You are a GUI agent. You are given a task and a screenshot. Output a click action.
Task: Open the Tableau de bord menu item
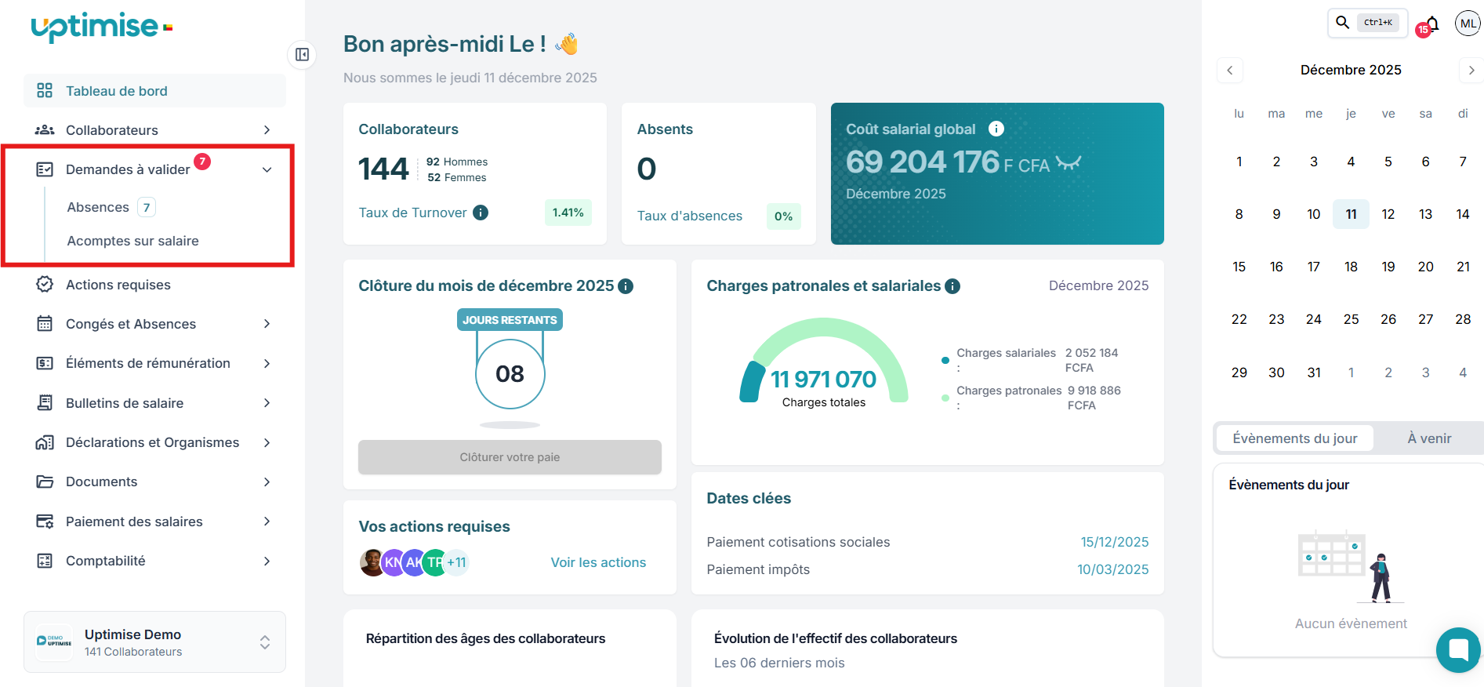tap(116, 91)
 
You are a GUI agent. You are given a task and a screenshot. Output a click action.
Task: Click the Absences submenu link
tap(98, 207)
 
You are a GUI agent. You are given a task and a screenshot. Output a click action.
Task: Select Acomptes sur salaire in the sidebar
tap(132, 241)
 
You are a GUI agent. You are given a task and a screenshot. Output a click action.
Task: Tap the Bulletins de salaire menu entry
tap(125, 403)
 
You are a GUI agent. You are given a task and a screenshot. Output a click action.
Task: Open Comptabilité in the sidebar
tap(106, 561)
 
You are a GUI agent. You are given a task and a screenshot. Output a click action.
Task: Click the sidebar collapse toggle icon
tap(302, 54)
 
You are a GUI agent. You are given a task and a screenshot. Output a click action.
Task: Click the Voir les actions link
tap(598, 562)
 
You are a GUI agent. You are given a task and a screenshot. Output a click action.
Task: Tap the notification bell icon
tap(1432, 24)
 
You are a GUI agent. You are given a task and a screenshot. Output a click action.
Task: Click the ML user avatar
tap(1468, 24)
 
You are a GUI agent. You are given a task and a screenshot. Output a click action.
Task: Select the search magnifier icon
tap(1343, 22)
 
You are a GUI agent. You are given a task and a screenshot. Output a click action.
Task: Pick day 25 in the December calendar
tap(1351, 319)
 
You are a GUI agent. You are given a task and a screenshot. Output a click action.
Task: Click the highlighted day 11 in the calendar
tap(1351, 214)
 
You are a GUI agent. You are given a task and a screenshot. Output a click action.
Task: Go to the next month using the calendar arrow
tap(1471, 71)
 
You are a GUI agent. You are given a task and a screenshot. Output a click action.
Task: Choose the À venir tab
tap(1429, 438)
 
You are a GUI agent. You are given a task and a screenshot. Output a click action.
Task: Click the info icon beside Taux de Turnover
tap(481, 213)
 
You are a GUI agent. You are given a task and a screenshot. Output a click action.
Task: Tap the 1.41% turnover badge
tap(568, 213)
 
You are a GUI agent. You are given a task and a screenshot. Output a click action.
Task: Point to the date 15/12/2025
tap(1114, 542)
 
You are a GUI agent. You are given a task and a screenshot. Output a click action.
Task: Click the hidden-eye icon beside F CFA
tap(1069, 162)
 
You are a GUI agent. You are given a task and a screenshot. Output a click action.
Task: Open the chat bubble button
tap(1458, 649)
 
